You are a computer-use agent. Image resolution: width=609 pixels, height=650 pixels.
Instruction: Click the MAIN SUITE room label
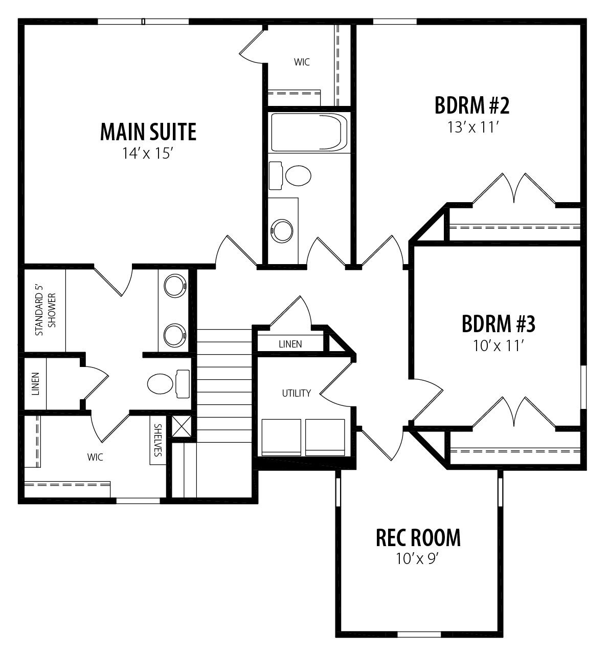(x=148, y=132)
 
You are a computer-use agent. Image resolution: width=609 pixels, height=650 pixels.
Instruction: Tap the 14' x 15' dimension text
(x=147, y=154)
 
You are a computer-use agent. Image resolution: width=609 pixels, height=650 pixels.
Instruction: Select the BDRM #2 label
(x=472, y=105)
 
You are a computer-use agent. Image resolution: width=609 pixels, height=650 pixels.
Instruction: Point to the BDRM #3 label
(x=499, y=323)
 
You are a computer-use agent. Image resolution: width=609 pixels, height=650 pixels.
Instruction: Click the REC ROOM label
(x=418, y=538)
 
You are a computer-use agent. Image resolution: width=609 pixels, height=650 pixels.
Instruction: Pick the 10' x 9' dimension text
(x=417, y=559)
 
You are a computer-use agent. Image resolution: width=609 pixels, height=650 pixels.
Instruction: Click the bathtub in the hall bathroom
(x=309, y=132)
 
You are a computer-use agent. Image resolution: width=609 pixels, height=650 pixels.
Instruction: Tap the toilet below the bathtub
(x=290, y=176)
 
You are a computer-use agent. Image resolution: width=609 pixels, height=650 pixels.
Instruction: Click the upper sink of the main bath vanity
(x=175, y=286)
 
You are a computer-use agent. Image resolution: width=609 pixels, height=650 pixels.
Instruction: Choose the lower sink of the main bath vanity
(x=175, y=335)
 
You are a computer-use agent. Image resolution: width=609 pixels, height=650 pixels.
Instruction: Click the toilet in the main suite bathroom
(x=168, y=384)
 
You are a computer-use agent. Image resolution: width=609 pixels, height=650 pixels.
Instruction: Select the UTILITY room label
(x=297, y=393)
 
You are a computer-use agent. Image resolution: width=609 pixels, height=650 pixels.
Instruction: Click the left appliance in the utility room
(x=281, y=438)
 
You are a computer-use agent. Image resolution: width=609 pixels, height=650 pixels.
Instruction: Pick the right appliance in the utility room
(x=325, y=438)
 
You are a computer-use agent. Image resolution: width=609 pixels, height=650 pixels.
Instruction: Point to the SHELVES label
(x=158, y=440)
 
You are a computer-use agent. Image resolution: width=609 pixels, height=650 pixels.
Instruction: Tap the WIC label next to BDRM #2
(x=302, y=62)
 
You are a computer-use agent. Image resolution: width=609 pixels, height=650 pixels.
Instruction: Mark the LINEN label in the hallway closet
(x=290, y=344)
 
